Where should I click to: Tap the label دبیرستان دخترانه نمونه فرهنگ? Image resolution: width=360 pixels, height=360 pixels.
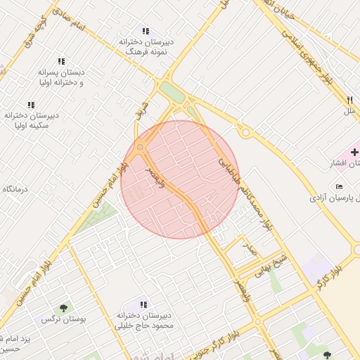tap(146, 47)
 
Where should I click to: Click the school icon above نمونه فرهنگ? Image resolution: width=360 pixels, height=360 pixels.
tap(146, 32)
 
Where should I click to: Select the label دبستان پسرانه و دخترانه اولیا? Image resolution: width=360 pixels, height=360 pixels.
tap(62, 77)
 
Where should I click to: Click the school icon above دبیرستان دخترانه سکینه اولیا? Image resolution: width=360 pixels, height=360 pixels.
tap(31, 105)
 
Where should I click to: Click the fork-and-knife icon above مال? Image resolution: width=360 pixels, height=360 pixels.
tap(350, 100)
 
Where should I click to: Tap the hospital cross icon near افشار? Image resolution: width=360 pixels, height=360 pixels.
tap(354, 152)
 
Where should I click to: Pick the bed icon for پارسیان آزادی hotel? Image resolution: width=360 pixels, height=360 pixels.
tap(340, 186)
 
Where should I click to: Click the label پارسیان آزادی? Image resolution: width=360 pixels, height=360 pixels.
tap(333, 199)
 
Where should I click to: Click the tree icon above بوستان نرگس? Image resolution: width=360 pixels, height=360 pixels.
tap(64, 307)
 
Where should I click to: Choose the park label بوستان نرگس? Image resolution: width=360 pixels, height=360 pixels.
tap(63, 319)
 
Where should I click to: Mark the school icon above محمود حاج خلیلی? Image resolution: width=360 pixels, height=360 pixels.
tap(143, 304)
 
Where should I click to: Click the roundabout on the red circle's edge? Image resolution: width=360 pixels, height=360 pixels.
tap(140, 147)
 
